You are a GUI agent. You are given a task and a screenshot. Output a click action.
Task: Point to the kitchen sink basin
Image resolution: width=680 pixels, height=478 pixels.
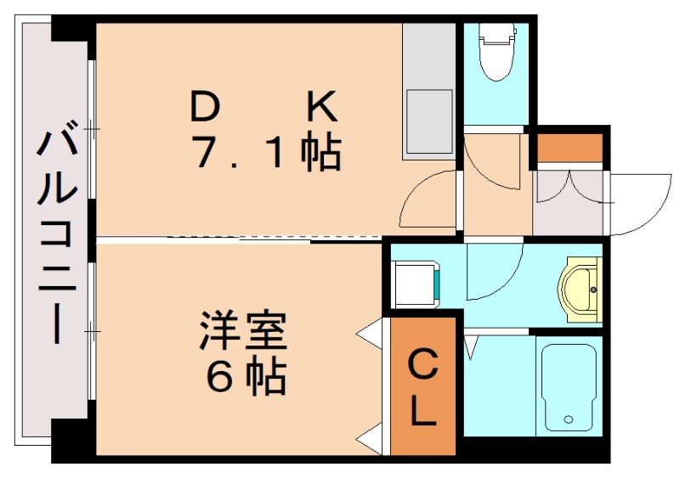coord(428,123)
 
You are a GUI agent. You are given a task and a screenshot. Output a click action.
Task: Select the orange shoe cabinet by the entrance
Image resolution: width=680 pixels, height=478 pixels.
coord(569,148)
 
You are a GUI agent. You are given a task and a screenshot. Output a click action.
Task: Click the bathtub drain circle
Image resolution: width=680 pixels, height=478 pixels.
coord(569,419)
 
